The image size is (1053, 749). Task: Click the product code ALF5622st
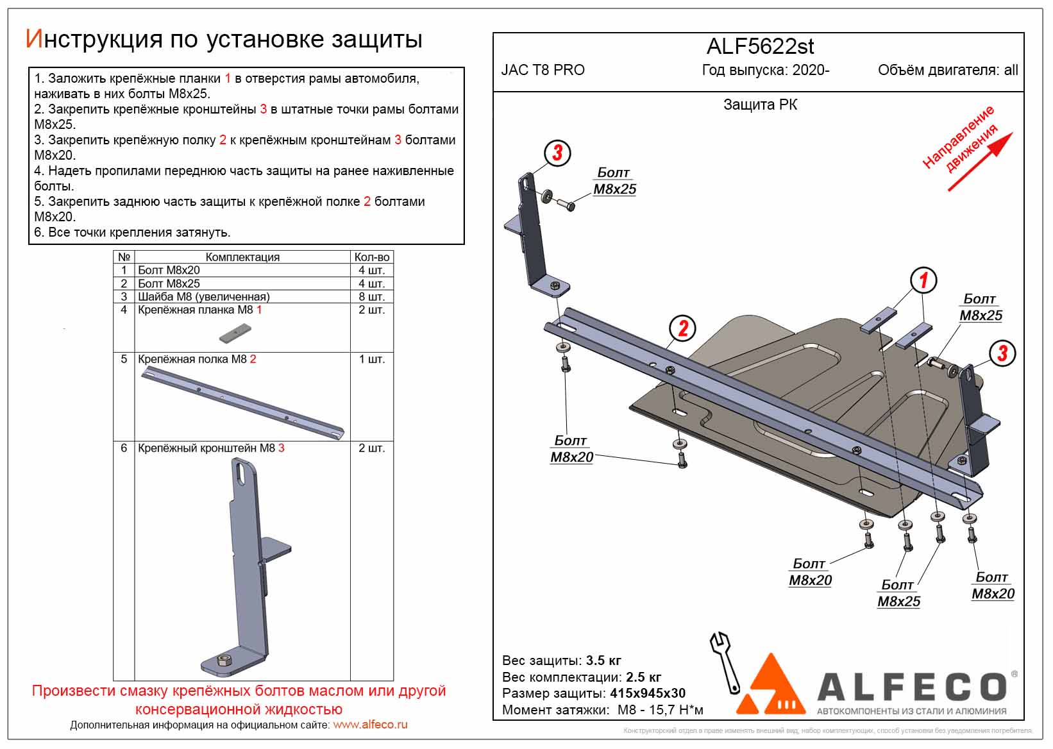760,47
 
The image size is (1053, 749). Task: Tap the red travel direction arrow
979,162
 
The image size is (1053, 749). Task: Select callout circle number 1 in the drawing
923,280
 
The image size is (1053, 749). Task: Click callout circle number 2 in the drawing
682,328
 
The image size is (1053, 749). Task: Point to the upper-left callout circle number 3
557,153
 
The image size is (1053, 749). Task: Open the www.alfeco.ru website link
370,725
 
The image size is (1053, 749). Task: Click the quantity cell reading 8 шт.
371,297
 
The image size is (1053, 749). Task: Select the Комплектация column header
242,257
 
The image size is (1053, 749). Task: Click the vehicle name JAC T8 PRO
543,71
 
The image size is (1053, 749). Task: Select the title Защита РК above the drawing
760,105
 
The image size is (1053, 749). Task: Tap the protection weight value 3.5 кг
603,661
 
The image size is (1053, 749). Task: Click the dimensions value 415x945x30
648,693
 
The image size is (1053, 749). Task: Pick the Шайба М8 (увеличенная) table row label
203,297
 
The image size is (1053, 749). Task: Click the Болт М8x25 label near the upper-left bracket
614,181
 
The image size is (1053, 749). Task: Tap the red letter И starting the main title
33,40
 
